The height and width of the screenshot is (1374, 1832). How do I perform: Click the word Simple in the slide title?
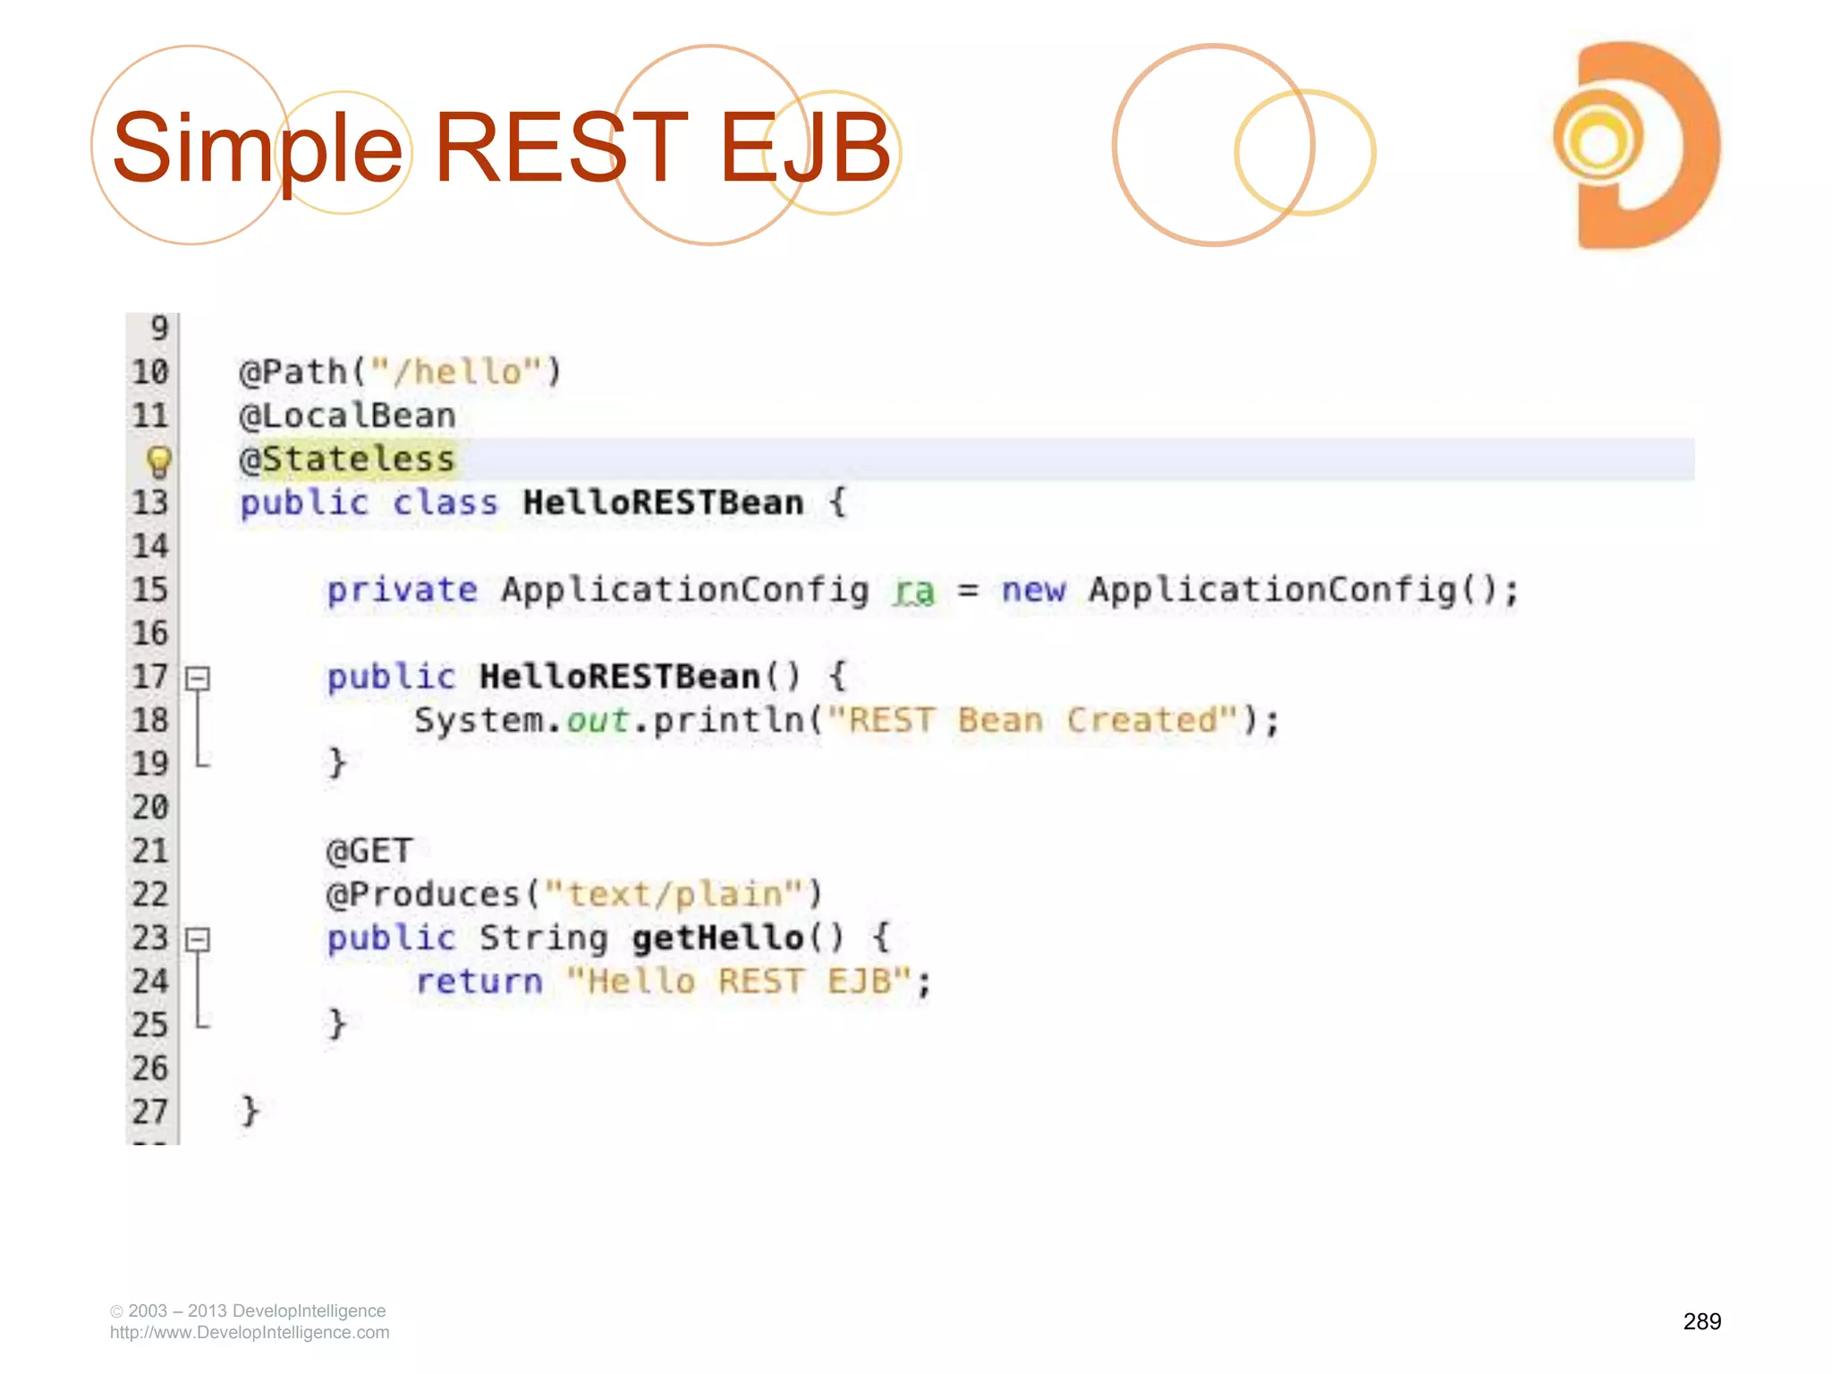[x=258, y=148]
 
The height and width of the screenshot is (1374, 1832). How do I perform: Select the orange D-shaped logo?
[x=1636, y=145]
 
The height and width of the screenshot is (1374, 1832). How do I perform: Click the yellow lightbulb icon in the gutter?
[x=158, y=462]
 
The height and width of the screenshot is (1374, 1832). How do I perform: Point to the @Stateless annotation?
[x=347, y=460]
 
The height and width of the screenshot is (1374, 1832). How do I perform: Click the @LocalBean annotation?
[x=347, y=416]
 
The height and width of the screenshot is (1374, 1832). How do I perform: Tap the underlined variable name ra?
[x=913, y=590]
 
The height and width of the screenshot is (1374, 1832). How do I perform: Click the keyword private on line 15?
[x=402, y=590]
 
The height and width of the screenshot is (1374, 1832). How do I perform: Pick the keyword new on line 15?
[x=1033, y=590]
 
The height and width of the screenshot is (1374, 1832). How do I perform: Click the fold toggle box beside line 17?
[x=198, y=678]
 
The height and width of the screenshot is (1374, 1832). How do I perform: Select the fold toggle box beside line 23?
[x=198, y=939]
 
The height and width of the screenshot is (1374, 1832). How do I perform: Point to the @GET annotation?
[x=369, y=851]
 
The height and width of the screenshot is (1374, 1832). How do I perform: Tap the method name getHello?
[x=718, y=938]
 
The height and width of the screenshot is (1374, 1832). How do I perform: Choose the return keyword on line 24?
[x=479, y=982]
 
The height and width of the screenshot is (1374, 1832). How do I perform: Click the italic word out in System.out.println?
[x=598, y=721]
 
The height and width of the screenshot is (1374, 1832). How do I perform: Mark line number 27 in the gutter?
[x=150, y=1112]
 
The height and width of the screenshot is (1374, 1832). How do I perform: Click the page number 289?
[x=1701, y=1321]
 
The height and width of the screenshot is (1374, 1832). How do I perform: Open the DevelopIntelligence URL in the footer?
[x=250, y=1333]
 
